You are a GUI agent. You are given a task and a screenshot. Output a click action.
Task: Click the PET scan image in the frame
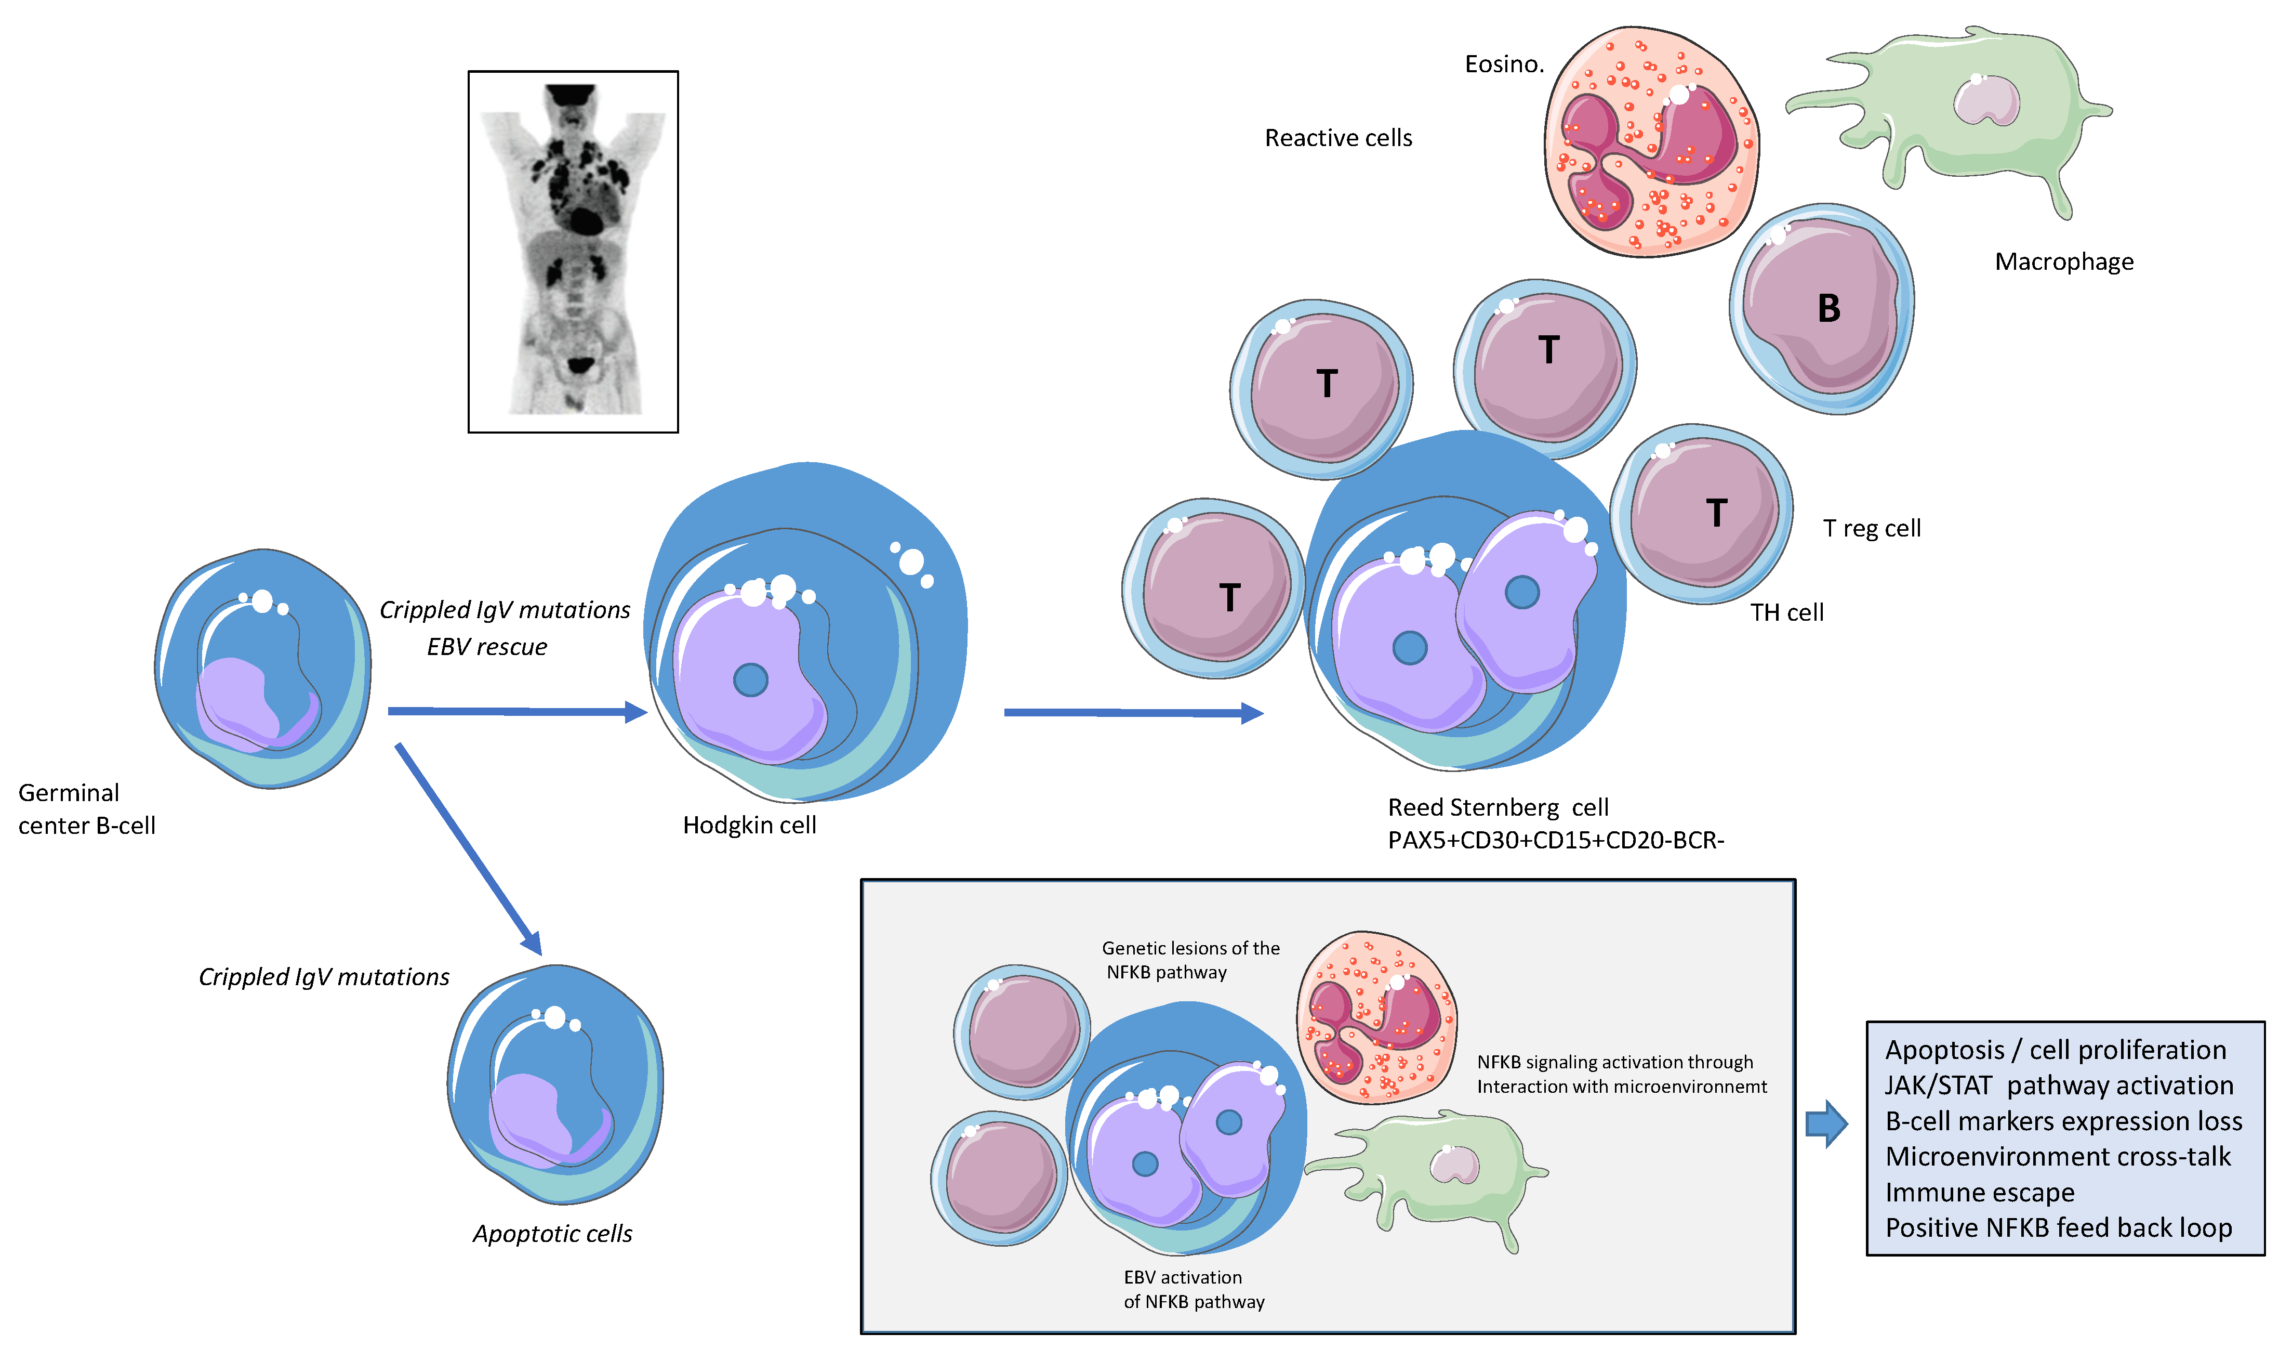[x=573, y=252]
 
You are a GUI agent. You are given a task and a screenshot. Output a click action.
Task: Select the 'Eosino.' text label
[x=1503, y=64]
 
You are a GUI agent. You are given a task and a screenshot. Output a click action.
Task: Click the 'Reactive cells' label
[x=1338, y=138]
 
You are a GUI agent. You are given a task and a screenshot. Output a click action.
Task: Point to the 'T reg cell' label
[x=1872, y=528]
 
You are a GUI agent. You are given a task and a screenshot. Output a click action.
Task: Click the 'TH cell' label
[x=1786, y=613]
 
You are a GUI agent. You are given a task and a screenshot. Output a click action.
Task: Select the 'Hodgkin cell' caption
[x=749, y=825]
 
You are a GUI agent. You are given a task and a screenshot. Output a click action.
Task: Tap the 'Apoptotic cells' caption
[x=552, y=1234]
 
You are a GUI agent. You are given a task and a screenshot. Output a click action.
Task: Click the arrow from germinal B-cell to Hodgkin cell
[x=517, y=712]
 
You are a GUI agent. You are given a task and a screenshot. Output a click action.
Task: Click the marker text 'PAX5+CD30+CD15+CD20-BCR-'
[x=1555, y=841]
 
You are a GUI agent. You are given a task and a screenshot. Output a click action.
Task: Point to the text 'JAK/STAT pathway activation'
[x=2059, y=1086]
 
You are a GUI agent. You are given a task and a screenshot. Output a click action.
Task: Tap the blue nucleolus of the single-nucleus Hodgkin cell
[x=750, y=680]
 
